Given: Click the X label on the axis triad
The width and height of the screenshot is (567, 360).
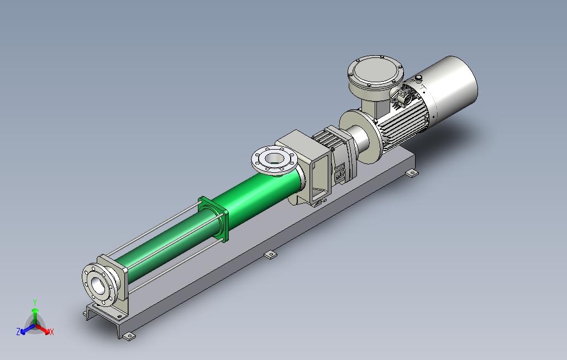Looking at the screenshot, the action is pos(52,331).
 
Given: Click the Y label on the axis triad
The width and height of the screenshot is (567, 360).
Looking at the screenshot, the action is pos(35,303).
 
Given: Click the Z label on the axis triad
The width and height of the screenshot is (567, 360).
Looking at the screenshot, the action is pos(18,331).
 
